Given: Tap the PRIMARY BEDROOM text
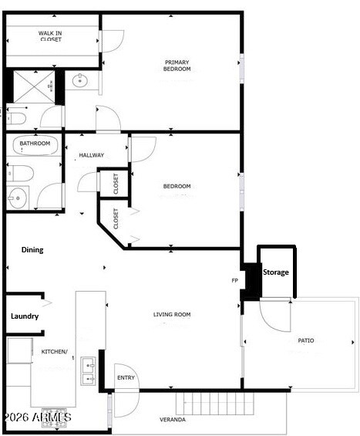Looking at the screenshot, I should [x=177, y=66].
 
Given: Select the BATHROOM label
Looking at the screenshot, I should [x=35, y=144].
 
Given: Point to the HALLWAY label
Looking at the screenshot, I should [x=91, y=155].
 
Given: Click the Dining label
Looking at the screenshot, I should [x=32, y=250].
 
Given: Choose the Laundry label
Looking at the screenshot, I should [x=25, y=316].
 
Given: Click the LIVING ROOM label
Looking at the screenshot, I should [x=172, y=314].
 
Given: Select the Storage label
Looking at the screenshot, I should [x=276, y=272].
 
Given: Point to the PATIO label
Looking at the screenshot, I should [x=306, y=340].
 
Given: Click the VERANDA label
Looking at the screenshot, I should [x=172, y=420].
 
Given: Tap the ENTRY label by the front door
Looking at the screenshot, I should [x=126, y=377].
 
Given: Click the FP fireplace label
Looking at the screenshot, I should [x=235, y=281].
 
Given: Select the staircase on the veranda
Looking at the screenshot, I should [x=215, y=403].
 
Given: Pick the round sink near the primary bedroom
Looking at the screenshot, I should [x=80, y=80].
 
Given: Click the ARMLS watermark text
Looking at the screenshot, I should [x=36, y=417].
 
